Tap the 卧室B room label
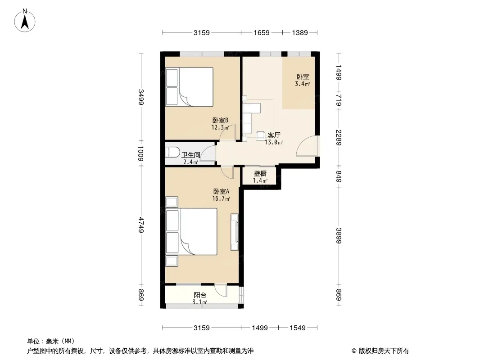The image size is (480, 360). [220, 121]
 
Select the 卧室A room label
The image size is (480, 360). [222, 191]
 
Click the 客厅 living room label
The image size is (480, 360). [274, 135]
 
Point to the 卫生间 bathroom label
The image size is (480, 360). [190, 155]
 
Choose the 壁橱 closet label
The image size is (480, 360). [260, 174]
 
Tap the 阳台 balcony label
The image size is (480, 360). [200, 295]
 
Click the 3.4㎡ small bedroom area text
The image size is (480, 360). [303, 84]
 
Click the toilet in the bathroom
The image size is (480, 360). [172, 152]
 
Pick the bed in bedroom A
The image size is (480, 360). [191, 232]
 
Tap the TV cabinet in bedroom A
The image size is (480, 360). [235, 232]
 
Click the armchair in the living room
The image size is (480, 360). [261, 135]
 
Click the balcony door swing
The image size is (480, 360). [221, 290]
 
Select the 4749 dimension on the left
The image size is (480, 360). [141, 225]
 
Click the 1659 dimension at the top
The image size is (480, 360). [262, 32]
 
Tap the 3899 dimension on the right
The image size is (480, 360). [339, 235]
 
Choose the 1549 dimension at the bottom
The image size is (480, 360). [298, 328]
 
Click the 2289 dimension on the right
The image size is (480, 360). [339, 138]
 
